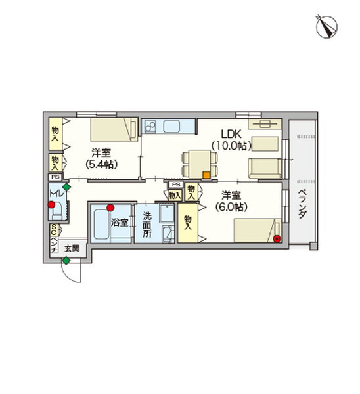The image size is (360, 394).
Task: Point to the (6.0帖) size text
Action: (x=231, y=206)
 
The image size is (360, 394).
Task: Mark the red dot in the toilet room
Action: (x=51, y=205)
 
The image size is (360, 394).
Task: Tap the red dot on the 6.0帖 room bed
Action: (x=277, y=238)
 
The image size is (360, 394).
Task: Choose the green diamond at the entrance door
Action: (x=66, y=261)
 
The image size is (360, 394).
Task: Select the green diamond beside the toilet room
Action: (x=66, y=188)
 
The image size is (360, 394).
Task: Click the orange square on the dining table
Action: (x=206, y=175)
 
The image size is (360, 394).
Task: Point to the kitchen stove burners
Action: (x=149, y=125)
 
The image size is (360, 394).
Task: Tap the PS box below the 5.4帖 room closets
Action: (x=54, y=177)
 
